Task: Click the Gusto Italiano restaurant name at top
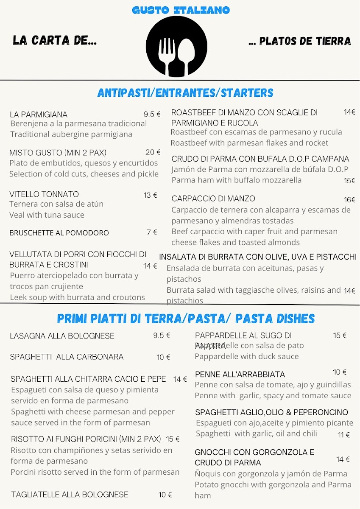click(x=181, y=10)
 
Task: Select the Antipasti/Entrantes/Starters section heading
click(x=185, y=93)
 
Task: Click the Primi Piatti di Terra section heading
click(x=186, y=319)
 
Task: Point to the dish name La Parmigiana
click(x=39, y=115)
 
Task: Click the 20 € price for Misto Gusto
click(x=153, y=152)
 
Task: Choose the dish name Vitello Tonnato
click(x=44, y=194)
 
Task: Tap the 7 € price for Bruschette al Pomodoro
click(x=152, y=232)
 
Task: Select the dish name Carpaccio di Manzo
click(x=213, y=199)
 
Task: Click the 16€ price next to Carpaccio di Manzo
click(x=349, y=200)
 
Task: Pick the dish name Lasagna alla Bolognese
click(x=62, y=336)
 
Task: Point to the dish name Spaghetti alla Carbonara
click(x=67, y=357)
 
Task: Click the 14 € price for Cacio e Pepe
click(x=180, y=379)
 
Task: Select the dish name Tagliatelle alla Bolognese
click(x=70, y=495)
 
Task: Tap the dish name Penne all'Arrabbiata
click(x=240, y=375)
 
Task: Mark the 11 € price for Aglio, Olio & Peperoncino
click(x=343, y=435)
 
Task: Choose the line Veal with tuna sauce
click(x=47, y=215)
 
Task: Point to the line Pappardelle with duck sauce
click(x=246, y=356)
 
